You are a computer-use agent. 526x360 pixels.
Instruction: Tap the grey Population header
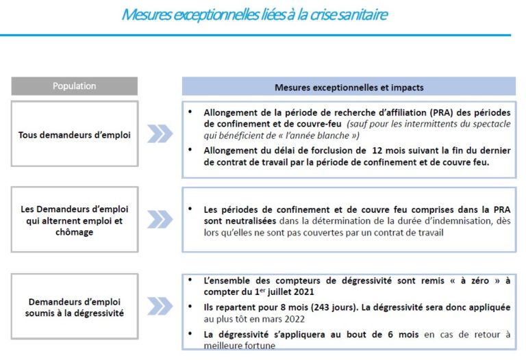(x=75, y=86)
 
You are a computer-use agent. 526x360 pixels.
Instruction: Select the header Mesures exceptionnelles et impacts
(x=349, y=87)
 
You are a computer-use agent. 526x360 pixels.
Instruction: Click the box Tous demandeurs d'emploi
(x=75, y=134)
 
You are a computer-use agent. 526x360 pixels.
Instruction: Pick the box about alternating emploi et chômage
(x=75, y=220)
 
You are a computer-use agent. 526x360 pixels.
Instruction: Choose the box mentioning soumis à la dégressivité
(x=75, y=307)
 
